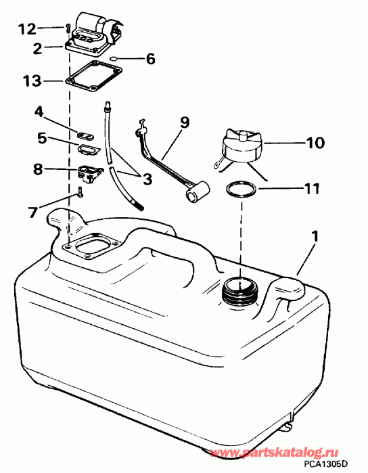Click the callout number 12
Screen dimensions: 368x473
(x=27, y=29)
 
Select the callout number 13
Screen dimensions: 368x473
(x=32, y=81)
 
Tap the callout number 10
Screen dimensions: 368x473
(x=315, y=142)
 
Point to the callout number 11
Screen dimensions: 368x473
(x=312, y=189)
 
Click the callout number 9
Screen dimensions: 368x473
(x=184, y=122)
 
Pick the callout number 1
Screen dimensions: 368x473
(x=315, y=237)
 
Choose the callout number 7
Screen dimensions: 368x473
(x=32, y=212)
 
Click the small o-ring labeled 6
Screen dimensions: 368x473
(x=113, y=58)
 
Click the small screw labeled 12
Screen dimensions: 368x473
(x=67, y=28)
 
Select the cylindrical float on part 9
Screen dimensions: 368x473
(x=198, y=192)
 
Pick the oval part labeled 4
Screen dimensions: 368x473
(x=85, y=135)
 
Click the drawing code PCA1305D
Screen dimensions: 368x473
(x=326, y=463)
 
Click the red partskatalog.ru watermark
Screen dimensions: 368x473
(x=274, y=452)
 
